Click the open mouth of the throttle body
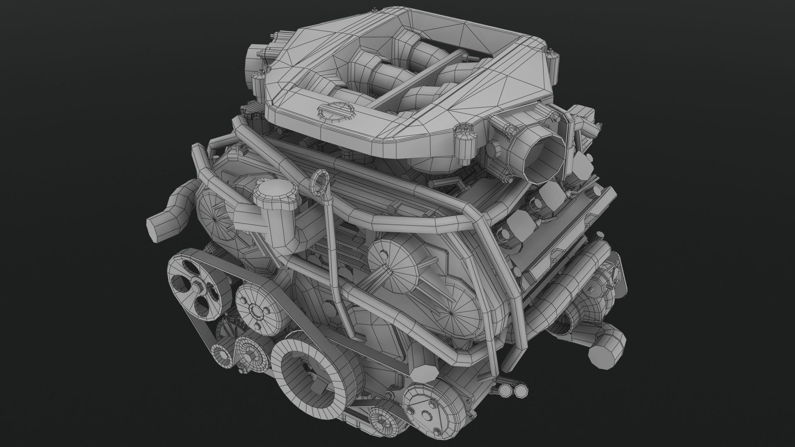click(543, 156)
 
